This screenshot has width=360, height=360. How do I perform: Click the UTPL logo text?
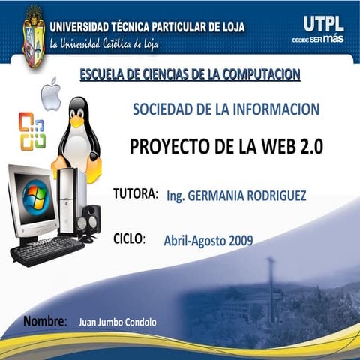(323, 22)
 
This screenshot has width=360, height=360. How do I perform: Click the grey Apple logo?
(50, 94)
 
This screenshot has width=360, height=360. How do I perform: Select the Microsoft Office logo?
(31, 130)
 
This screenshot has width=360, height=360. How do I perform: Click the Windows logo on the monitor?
(33, 196)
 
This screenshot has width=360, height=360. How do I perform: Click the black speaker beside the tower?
(91, 222)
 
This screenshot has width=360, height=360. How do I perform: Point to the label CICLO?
(128, 239)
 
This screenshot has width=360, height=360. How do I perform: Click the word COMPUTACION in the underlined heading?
(254, 74)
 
